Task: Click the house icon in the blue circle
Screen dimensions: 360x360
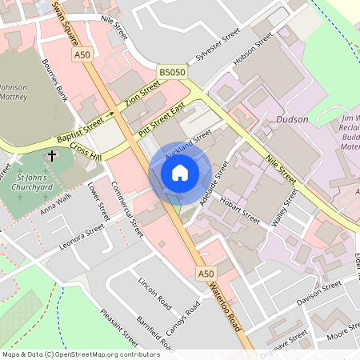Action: (180, 172)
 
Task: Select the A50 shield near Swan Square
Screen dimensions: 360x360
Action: (82, 54)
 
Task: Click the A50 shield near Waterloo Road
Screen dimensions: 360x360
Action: (206, 274)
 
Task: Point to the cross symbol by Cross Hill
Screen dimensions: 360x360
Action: (52, 155)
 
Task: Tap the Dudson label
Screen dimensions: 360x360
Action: (291, 120)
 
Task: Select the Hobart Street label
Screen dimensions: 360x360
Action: (241, 210)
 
